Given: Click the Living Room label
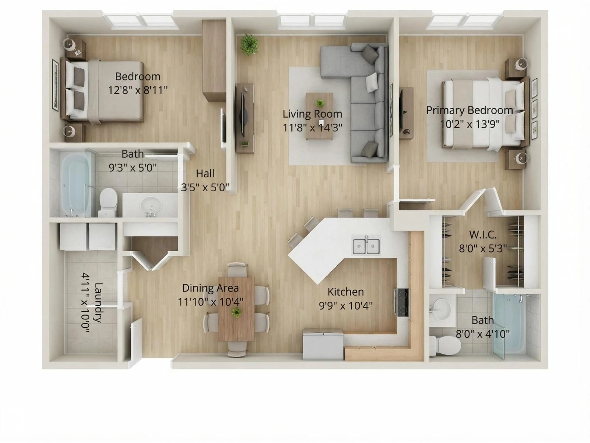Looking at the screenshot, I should pyautogui.click(x=312, y=114).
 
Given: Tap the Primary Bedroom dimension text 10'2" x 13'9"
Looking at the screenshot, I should pyautogui.click(x=469, y=124).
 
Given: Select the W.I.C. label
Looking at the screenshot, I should pyautogui.click(x=483, y=235).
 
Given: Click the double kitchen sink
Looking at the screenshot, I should pyautogui.click(x=366, y=246).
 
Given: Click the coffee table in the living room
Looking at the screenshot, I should pyautogui.click(x=319, y=116).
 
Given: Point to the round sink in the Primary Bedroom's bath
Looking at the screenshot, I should pyautogui.click(x=441, y=310).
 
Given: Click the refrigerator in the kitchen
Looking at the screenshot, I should pyautogui.click(x=323, y=344).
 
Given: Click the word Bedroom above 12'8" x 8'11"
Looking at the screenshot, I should pyautogui.click(x=138, y=77).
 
